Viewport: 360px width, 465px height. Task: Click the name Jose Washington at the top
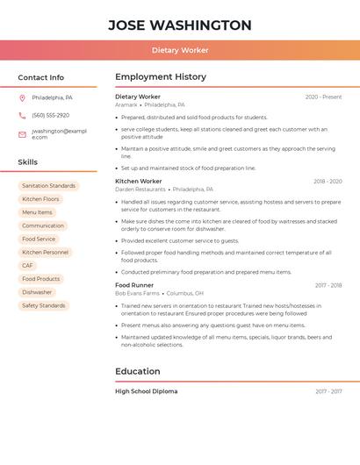(x=179, y=25)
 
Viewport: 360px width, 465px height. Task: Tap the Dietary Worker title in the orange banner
(x=179, y=51)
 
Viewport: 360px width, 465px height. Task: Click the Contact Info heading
(x=40, y=77)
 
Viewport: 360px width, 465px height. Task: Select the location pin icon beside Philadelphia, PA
(x=22, y=97)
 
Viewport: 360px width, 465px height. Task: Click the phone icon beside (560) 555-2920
(x=22, y=115)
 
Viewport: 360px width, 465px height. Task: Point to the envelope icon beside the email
(x=22, y=134)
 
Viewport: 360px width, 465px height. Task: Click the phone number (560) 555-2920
(x=50, y=115)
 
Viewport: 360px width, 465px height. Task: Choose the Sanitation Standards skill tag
(x=48, y=186)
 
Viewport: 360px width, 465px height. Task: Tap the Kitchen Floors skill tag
(x=40, y=199)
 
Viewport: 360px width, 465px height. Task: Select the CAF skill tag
(x=27, y=265)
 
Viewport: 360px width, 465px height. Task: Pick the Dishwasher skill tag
(x=37, y=292)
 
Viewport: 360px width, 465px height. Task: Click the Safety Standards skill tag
(x=43, y=305)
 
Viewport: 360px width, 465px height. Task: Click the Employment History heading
(x=161, y=77)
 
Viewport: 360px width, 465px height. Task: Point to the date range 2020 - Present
(x=323, y=97)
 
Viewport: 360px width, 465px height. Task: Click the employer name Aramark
(x=126, y=104)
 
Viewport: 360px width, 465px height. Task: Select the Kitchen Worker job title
(x=139, y=181)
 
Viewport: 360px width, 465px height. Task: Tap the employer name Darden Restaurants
(x=140, y=189)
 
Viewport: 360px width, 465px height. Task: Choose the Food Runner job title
(x=134, y=285)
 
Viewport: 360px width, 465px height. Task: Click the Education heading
(x=137, y=371)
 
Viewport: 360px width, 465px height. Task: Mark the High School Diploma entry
(x=146, y=391)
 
